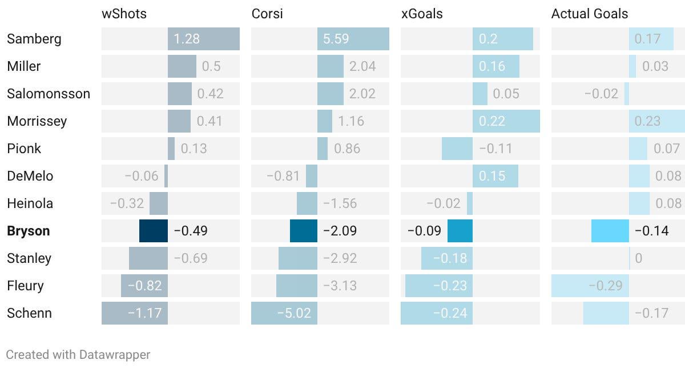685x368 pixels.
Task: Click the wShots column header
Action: (124, 14)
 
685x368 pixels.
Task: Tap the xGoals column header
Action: (424, 14)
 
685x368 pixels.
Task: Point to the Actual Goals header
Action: (590, 14)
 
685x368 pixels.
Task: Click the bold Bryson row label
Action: (29, 231)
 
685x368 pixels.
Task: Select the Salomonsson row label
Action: (49, 94)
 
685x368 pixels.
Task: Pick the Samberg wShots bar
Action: (203, 39)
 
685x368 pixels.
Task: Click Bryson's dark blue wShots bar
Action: (154, 231)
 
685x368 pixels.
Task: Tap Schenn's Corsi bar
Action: (284, 313)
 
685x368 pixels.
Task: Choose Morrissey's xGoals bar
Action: (506, 121)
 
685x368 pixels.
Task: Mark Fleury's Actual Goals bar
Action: (590, 286)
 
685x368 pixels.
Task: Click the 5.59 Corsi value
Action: (336, 39)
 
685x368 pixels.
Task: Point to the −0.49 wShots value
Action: (190, 231)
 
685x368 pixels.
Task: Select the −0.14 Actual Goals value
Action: (651, 231)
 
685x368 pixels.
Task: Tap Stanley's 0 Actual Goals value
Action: (638, 258)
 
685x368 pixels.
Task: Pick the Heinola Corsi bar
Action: (307, 203)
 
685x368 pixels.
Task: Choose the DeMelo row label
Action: (30, 176)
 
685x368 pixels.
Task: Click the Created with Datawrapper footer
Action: (78, 355)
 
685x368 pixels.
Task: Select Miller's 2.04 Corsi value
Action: (362, 66)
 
